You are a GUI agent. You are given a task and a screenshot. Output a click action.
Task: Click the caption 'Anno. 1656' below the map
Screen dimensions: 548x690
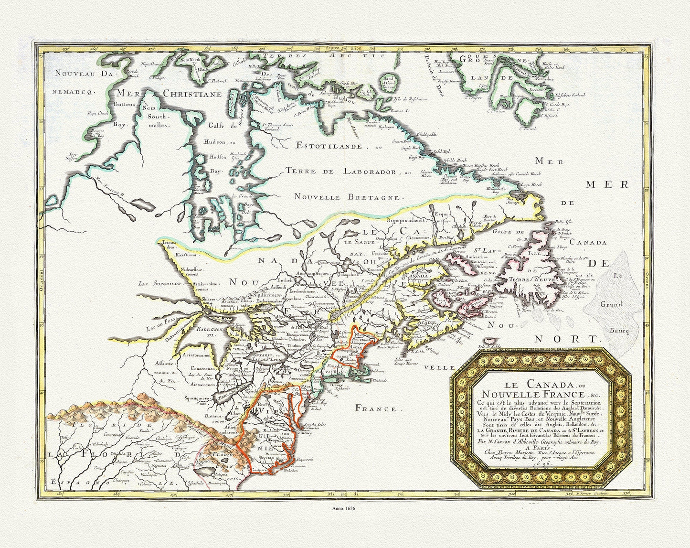click(x=345, y=509)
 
